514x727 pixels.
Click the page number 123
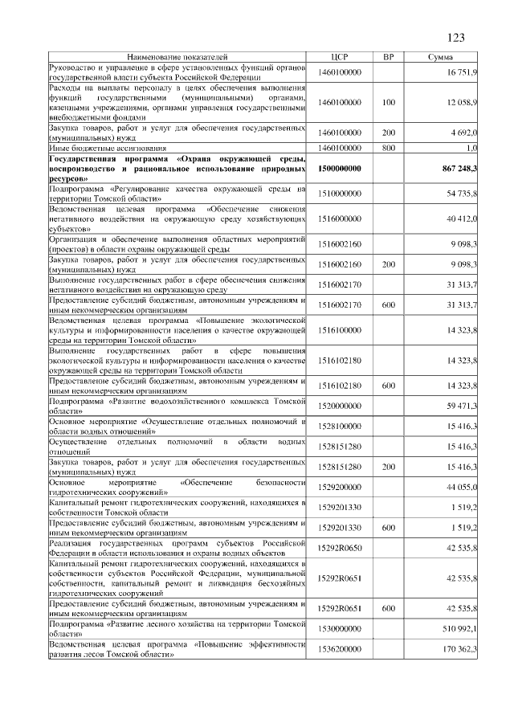[455, 38]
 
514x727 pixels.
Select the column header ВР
[389, 58]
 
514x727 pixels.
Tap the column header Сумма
[440, 58]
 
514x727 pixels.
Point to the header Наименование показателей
[177, 58]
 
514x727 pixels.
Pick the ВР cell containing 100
[389, 103]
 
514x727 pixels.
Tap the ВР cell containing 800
[389, 149]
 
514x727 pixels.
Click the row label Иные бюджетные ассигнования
[108, 149]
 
